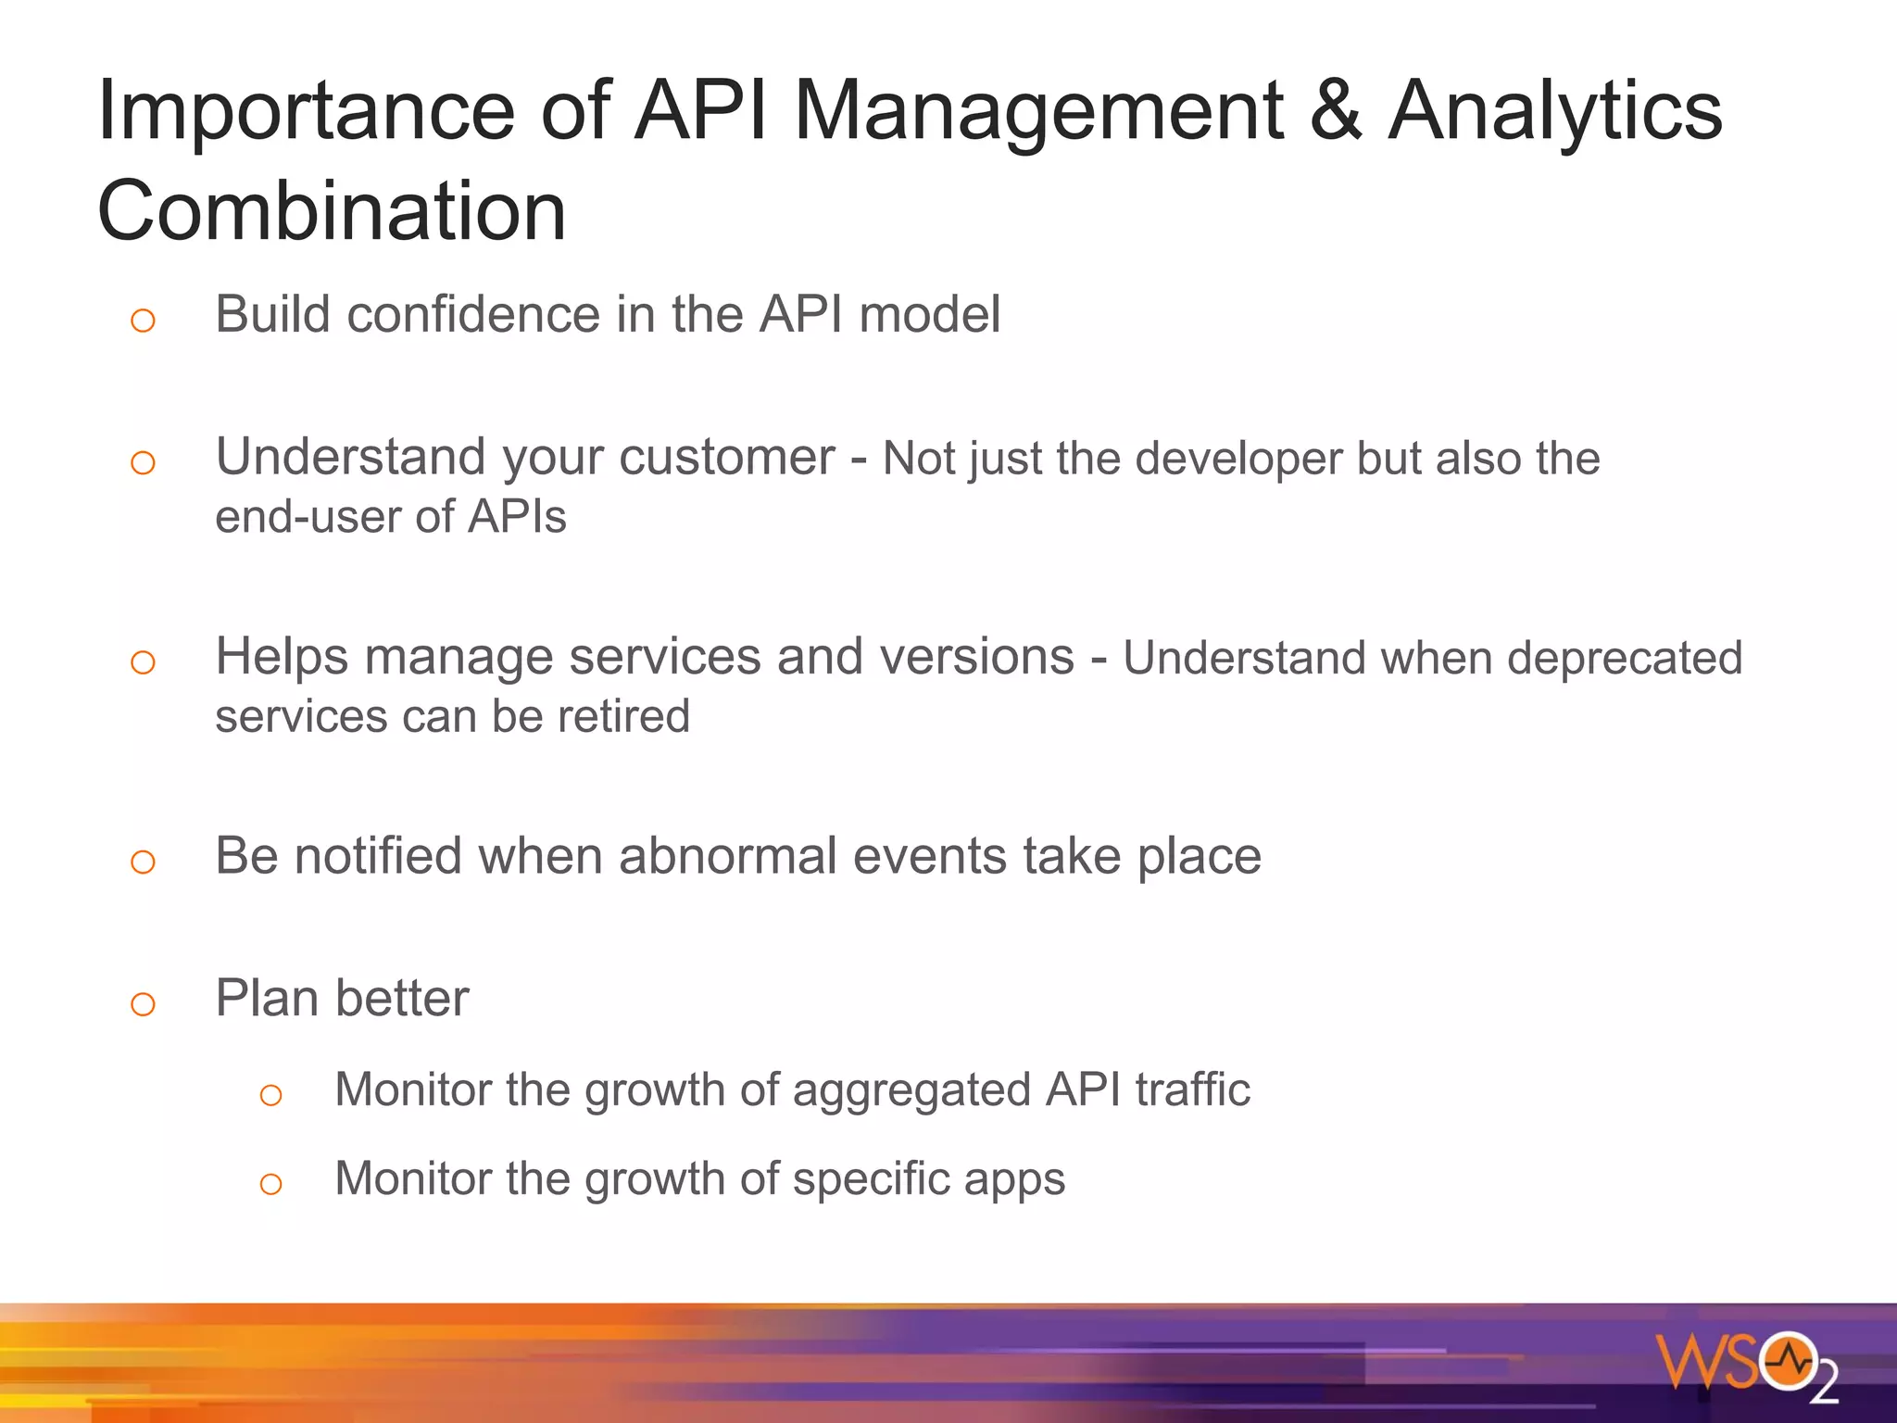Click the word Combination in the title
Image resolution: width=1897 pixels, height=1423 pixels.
331,211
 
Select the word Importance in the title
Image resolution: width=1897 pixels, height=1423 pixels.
306,111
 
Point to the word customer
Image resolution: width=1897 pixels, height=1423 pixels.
726,457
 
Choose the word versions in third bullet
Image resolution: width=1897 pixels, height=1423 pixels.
976,657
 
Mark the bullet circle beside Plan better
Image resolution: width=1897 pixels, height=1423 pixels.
143,1004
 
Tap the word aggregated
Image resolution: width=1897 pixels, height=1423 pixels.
911,1090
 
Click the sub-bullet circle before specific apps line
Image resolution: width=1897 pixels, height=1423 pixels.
270,1184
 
